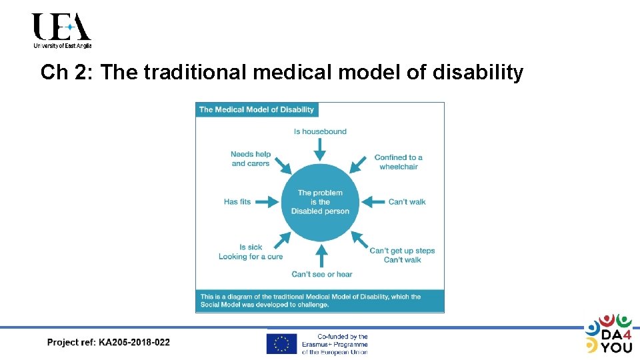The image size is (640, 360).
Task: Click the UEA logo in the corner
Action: (x=61, y=31)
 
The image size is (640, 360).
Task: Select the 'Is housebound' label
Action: (x=320, y=131)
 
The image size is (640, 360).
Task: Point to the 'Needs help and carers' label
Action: (x=251, y=159)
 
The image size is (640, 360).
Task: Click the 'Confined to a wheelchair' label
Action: (x=398, y=162)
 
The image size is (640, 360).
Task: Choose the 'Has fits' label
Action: (x=237, y=201)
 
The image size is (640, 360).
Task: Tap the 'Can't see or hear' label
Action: (x=321, y=274)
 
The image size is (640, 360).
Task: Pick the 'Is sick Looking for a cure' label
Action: (x=251, y=252)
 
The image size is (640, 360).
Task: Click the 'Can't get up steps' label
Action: (x=402, y=251)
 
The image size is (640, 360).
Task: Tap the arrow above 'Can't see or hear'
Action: (x=321, y=255)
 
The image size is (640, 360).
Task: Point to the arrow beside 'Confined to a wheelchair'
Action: (x=359, y=163)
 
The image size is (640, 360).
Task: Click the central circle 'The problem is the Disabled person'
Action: (x=320, y=202)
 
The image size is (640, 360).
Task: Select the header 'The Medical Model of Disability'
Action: (x=256, y=109)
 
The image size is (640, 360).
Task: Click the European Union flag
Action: (x=281, y=344)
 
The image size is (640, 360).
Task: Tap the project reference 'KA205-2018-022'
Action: (x=134, y=343)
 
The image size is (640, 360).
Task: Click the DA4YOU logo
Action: (x=608, y=333)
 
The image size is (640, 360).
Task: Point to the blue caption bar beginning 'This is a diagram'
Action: (x=319, y=301)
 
